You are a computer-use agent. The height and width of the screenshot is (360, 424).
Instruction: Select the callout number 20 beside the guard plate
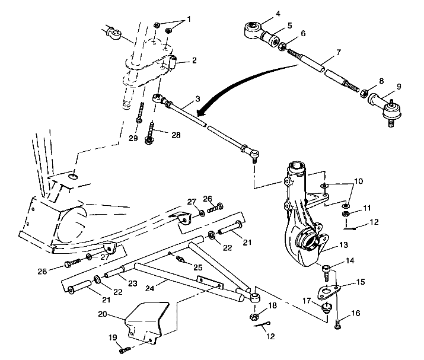pyautogui.click(x=103, y=314)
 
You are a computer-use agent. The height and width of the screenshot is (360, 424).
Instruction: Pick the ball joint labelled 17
pyautogui.click(x=324, y=307)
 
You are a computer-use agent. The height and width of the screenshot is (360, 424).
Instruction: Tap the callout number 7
pyautogui.click(x=338, y=53)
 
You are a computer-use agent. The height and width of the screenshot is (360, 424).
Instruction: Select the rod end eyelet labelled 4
pyautogui.click(x=251, y=27)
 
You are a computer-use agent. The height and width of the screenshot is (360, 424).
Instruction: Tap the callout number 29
pyautogui.click(x=133, y=138)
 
